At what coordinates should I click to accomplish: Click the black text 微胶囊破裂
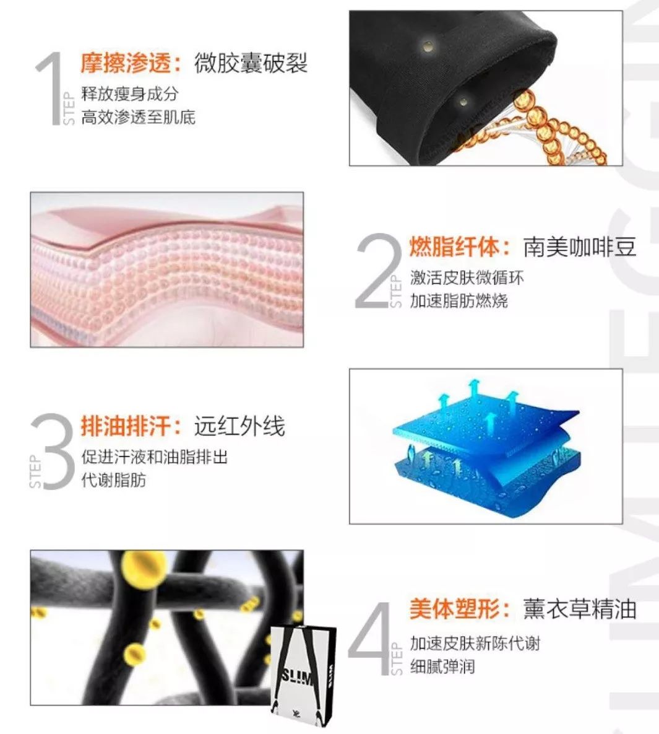(251, 63)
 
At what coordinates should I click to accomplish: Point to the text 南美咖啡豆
(579, 247)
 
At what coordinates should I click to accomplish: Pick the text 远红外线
(239, 426)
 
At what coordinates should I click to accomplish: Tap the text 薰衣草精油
(579, 608)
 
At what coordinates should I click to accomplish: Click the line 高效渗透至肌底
(139, 117)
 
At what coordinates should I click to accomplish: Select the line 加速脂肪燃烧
(459, 301)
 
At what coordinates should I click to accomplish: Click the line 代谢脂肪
(114, 480)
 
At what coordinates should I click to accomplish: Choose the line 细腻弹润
(442, 667)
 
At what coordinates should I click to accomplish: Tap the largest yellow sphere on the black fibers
(145, 566)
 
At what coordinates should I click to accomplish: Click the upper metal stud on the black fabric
(426, 45)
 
